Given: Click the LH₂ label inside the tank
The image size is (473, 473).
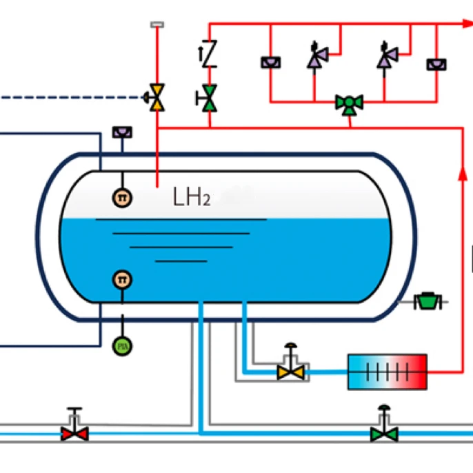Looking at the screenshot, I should pos(191,199).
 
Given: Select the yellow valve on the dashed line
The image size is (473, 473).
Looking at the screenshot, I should pos(158,97).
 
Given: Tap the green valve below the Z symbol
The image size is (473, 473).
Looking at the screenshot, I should pos(208,97).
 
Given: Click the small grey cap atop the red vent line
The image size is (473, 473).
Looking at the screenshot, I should pos(158,25).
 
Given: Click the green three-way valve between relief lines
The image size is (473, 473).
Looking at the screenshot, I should pos(350,104).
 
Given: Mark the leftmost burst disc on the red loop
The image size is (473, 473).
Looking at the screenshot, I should pos(270,63).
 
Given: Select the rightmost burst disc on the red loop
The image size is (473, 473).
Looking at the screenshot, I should pos(436,63).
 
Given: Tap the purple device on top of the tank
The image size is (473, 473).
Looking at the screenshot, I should pos(122,132).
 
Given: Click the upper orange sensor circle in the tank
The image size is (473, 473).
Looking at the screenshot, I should pos(122,198).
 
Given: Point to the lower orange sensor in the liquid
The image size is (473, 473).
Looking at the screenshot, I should pos(123,279).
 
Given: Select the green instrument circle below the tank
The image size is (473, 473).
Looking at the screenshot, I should pos(123,345).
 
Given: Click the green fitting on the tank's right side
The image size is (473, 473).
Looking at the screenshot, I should pos(427,301).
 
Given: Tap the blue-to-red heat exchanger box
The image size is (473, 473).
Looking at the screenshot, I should pos(388,372).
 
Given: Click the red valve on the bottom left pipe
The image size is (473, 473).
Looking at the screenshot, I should pos(74,433).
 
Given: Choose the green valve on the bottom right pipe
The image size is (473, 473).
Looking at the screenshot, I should pos(384,433).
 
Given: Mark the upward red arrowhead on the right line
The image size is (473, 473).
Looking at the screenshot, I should pos(460,177).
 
